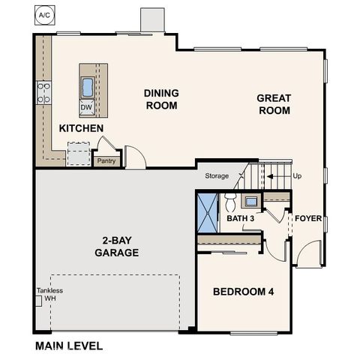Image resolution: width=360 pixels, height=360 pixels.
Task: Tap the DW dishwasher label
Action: [87, 107]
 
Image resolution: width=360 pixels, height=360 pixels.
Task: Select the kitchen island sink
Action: [88, 87]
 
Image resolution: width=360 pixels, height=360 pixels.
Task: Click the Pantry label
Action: [106, 160]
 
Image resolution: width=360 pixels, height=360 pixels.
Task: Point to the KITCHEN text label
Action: [81, 129]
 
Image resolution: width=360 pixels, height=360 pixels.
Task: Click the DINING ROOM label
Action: [161, 100]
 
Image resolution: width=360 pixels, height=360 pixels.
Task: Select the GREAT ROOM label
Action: [273, 104]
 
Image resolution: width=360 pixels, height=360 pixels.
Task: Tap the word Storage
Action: [217, 177]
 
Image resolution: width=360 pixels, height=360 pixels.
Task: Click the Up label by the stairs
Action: [298, 177]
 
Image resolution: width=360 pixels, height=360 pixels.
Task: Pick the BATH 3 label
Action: [241, 218]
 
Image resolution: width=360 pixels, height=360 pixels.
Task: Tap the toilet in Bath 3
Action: [230, 201]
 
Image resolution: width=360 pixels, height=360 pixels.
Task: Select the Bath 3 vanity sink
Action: [250, 200]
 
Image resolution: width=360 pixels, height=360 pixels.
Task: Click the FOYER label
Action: [308, 219]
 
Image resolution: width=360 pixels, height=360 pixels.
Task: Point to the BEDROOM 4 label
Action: [242, 292]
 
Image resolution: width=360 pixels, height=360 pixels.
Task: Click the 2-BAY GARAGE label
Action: [116, 247]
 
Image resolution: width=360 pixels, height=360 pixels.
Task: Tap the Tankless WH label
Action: [49, 295]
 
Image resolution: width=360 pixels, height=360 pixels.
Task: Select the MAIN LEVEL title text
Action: [69, 346]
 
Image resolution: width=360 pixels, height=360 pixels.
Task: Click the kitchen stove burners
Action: [43, 93]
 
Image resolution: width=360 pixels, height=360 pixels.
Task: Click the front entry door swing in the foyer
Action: [307, 255]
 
